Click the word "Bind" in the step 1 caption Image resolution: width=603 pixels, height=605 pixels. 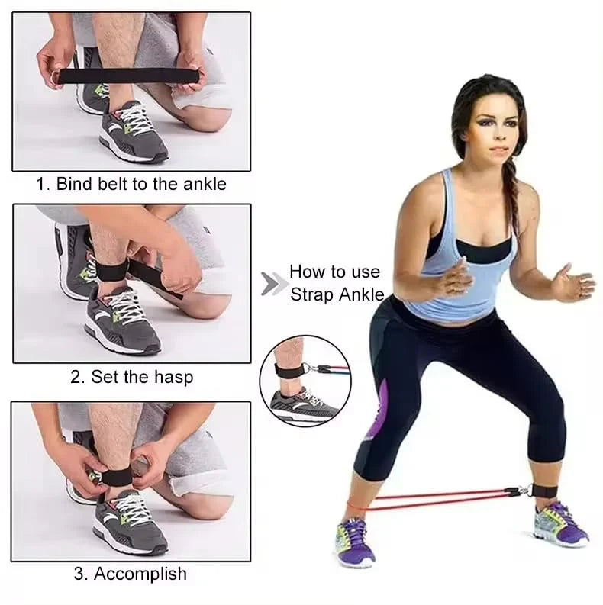(x=74, y=184)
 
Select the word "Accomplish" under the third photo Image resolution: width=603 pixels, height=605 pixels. (x=138, y=574)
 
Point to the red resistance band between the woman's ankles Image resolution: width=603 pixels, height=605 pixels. (x=443, y=500)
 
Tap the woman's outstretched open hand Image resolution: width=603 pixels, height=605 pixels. (x=573, y=283)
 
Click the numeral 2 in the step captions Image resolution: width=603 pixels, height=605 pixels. (x=76, y=376)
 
